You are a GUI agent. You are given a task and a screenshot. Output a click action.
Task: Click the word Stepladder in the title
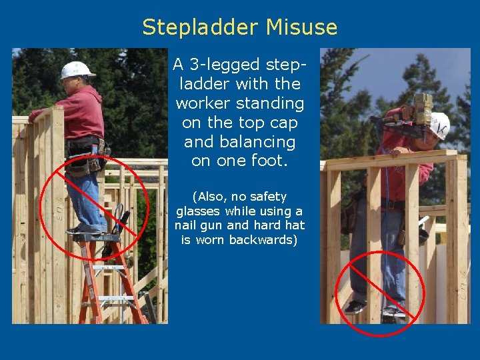200,27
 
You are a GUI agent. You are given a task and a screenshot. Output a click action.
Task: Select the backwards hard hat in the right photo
439,125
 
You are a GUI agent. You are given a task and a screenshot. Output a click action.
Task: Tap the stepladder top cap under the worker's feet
96,237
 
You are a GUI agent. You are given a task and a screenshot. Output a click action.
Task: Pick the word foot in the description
271,161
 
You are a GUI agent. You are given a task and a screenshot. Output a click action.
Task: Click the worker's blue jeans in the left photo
87,200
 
